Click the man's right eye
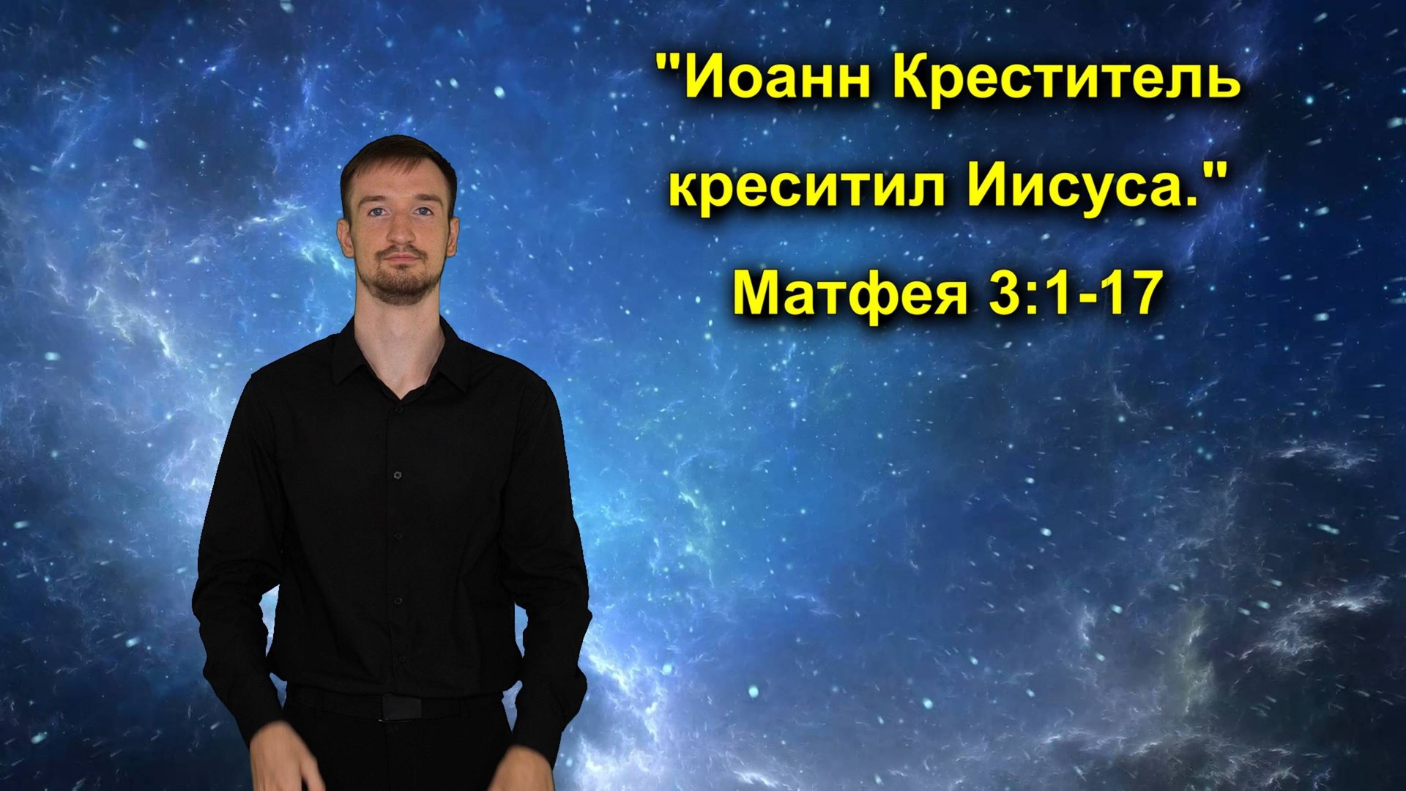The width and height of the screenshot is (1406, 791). pos(423,212)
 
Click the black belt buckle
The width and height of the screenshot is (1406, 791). pos(402,707)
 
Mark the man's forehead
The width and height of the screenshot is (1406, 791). pos(399,187)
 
